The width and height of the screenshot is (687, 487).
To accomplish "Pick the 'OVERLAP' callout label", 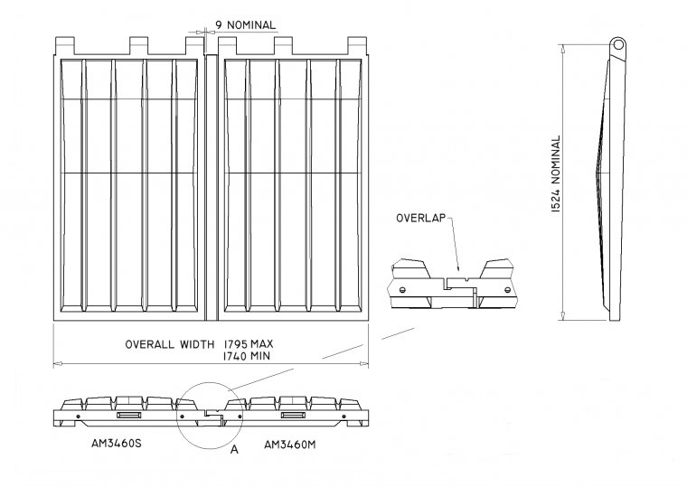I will click(x=419, y=219).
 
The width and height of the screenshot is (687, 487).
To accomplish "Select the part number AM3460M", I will click(x=294, y=445).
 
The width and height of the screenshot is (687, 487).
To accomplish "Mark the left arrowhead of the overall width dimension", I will click(x=56, y=364).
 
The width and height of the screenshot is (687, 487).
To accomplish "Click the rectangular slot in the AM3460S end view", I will click(x=128, y=416).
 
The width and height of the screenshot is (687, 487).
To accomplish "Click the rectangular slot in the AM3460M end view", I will click(x=293, y=416).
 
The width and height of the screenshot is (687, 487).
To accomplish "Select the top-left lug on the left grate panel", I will click(x=66, y=43).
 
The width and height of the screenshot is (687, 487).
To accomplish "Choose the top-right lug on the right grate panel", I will click(x=355, y=43).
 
